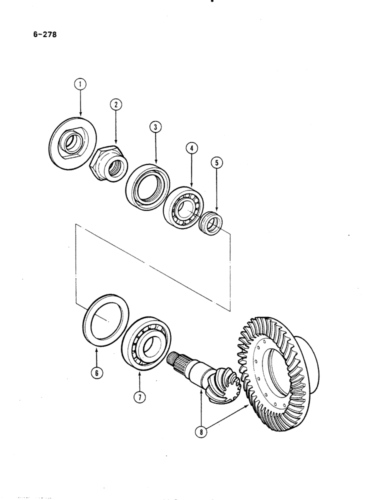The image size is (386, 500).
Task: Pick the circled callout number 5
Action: tap(217, 162)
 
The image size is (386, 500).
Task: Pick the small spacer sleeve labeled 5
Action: tap(211, 225)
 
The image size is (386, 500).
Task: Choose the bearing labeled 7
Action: tap(147, 341)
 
